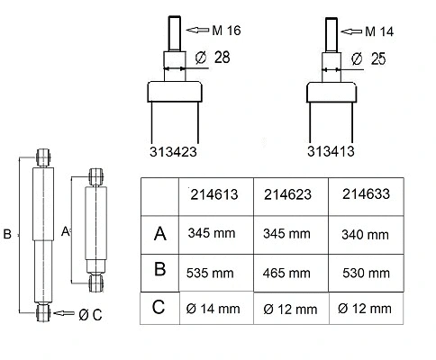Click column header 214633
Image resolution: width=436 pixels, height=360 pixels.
click(367, 192)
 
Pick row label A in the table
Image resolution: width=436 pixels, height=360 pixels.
click(160, 233)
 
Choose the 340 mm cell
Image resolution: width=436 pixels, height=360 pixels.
click(365, 235)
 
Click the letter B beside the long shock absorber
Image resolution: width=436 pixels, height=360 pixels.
click(6, 234)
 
